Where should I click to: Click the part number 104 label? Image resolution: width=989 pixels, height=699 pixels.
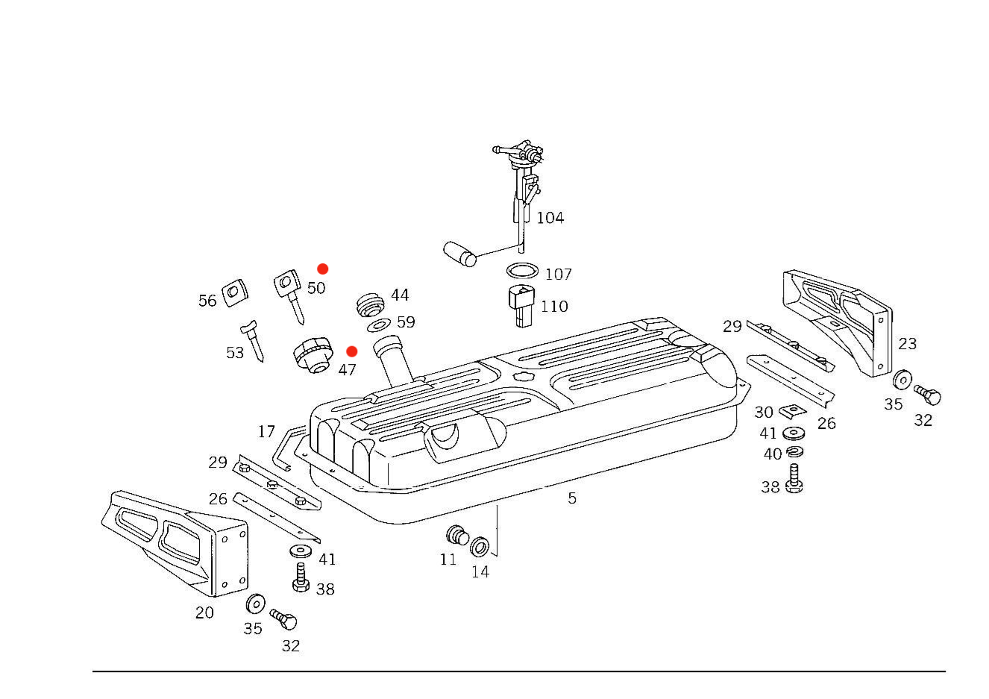pos(550,218)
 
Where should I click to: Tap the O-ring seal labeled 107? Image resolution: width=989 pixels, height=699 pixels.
pos(522,271)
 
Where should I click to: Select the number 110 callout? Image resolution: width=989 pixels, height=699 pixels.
pos(554,307)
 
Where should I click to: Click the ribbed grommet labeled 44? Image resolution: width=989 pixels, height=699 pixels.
pos(370,304)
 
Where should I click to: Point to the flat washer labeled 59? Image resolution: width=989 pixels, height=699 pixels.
pos(379,325)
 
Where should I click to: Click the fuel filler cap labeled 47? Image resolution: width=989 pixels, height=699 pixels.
pos(313,355)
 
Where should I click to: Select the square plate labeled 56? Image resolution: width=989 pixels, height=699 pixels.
pos(234,292)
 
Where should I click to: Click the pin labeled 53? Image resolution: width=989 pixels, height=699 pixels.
pos(252,341)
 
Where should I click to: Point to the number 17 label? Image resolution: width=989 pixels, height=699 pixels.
pos(266,431)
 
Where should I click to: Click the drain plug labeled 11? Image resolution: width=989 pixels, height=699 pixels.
pos(457,536)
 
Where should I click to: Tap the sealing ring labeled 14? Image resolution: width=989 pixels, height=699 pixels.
pos(479,547)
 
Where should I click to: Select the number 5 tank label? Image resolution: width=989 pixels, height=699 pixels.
pos(572,498)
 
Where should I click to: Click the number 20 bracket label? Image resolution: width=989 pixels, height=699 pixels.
pos(204,613)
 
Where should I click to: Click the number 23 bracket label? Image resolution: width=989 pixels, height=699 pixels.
pos(907,344)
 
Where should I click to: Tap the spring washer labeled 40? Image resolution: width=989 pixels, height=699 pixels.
pos(795,452)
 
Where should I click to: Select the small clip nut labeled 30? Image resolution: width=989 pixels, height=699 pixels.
pos(792,412)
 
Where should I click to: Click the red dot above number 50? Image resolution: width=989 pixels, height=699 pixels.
pos(323,269)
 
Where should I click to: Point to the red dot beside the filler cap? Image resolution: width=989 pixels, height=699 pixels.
pos(352,351)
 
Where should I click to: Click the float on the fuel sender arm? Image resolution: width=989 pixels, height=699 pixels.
pos(459,254)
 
